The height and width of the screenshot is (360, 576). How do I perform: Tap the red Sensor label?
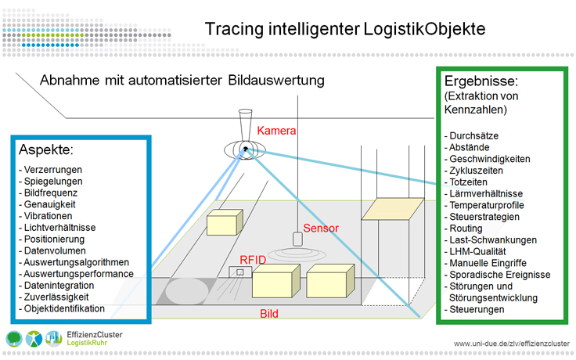pos(321,229)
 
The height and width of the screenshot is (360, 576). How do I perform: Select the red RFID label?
pos(254,259)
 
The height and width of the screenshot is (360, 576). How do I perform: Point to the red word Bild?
pos(271,314)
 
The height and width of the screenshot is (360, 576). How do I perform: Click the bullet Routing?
pos(467,229)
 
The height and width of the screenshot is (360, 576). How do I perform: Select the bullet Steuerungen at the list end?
pos(477,309)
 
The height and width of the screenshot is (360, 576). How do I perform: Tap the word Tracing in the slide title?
pos(231,29)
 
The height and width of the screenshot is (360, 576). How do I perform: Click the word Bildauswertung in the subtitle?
pos(273,80)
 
